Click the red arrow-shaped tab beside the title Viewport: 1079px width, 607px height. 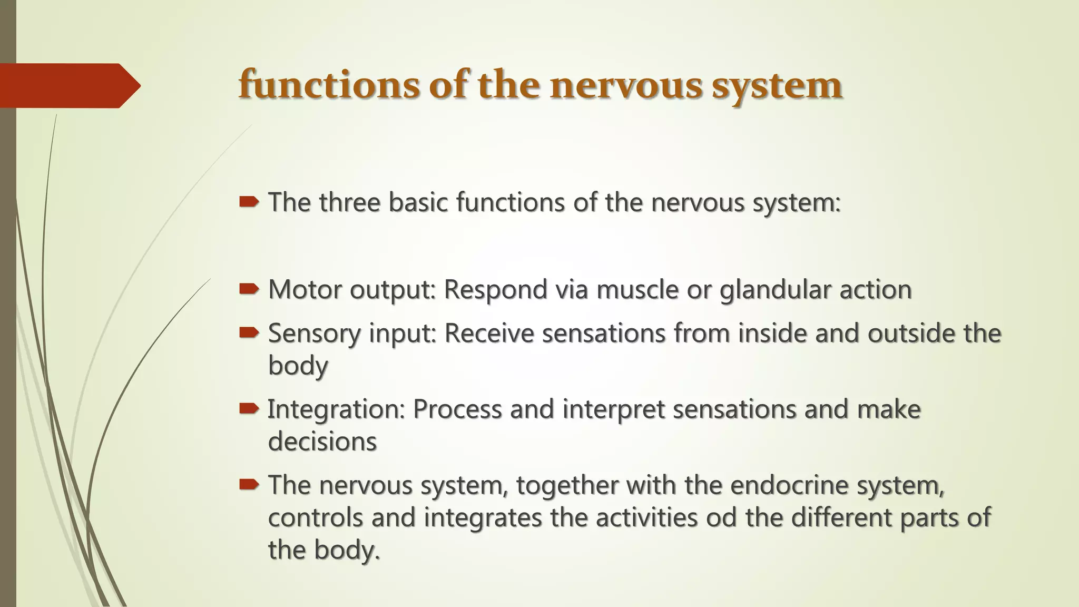click(70, 85)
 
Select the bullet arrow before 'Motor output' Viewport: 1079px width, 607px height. click(249, 289)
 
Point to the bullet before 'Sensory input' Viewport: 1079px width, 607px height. click(249, 332)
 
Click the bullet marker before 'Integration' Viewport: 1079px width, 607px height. click(249, 408)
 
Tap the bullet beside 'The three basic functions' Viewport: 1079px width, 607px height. click(249, 202)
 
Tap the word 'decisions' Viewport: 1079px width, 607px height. click(322, 441)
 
